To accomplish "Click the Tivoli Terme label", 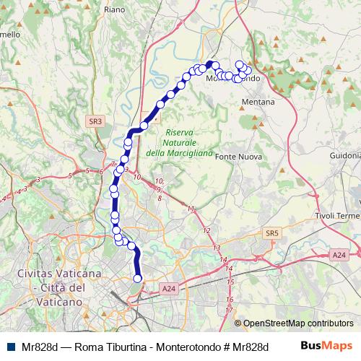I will click(x=337, y=217).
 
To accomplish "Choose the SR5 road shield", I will click(x=271, y=233).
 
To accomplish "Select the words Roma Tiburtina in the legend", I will click(x=106, y=346).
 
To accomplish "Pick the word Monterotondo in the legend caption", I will click(x=181, y=346).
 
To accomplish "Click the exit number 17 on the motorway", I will click(x=229, y=310).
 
